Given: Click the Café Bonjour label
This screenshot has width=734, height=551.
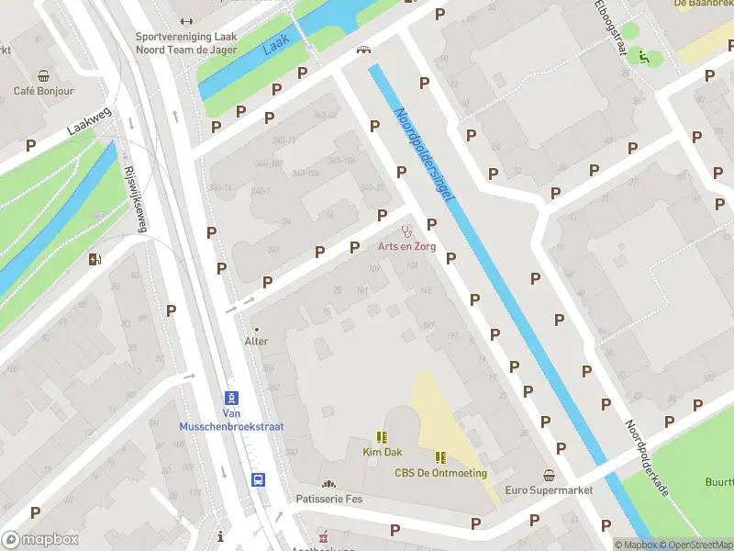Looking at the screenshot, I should pyautogui.click(x=43, y=91).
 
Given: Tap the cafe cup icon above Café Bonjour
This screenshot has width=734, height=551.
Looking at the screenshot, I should pyautogui.click(x=43, y=75).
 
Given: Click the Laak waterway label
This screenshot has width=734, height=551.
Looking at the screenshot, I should pyautogui.click(x=275, y=43).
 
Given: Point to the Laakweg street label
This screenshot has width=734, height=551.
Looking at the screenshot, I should pyautogui.click(x=87, y=119).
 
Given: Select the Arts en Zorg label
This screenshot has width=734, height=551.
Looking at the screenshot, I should pyautogui.click(x=406, y=246).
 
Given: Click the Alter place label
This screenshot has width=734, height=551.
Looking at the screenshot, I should pyautogui.click(x=256, y=341).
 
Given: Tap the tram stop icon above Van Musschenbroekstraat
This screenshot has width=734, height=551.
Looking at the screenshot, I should pyautogui.click(x=232, y=398).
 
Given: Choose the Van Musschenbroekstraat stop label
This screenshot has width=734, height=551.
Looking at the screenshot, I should pyautogui.click(x=231, y=421).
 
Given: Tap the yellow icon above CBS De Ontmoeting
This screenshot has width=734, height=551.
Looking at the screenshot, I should pyautogui.click(x=440, y=456).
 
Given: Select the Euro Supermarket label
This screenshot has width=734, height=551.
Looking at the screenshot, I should pyautogui.click(x=549, y=489).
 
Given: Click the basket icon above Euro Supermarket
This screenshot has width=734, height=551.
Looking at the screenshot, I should pyautogui.click(x=549, y=475).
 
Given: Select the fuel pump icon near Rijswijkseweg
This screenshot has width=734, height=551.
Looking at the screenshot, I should pyautogui.click(x=94, y=259).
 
